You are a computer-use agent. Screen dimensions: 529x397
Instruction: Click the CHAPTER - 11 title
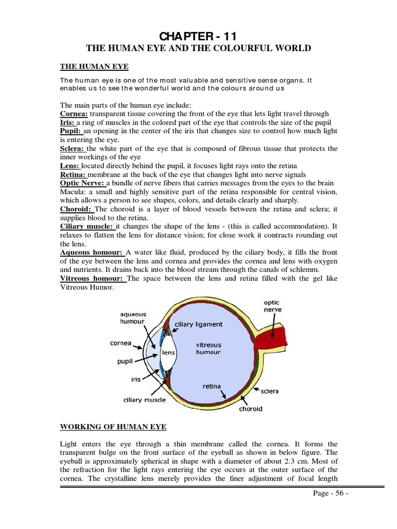coord(198,37)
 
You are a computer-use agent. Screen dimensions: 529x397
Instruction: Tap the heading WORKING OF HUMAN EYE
coord(114,426)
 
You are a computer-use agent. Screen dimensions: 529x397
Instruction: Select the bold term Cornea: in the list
coord(75,114)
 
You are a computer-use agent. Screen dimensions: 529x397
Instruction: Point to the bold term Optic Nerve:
coord(83,183)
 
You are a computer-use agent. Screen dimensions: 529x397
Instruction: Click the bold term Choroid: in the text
coord(77,209)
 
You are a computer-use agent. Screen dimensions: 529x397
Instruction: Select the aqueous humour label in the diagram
coord(133,317)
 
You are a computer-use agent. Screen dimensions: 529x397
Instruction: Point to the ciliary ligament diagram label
coord(199,324)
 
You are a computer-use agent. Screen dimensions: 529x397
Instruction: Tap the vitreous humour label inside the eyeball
coord(208,348)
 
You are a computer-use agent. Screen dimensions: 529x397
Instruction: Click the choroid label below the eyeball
coord(251,409)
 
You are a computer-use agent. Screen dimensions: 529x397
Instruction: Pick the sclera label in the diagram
coord(269,391)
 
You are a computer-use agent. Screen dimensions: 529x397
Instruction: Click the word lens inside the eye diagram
coord(169,352)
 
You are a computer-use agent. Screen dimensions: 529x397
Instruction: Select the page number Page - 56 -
coord(331,493)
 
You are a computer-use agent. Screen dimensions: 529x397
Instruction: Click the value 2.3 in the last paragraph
coord(306,461)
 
